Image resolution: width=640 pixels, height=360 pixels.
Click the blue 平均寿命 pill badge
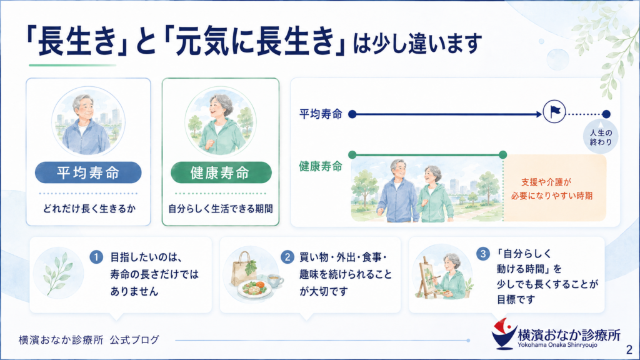pos(88,172)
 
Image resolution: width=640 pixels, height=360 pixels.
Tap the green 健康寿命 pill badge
pos(221,172)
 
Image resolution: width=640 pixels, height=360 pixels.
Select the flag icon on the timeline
pos(554,111)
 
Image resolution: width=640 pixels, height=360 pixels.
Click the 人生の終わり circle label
pos(601,137)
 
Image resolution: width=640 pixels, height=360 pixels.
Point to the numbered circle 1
pos(96,257)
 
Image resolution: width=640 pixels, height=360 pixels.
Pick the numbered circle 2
pos(287,257)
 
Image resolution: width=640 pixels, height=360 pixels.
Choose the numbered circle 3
pos(483,254)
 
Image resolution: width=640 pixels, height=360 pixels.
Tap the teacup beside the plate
pos(275,281)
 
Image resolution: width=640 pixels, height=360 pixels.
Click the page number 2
pos(629,349)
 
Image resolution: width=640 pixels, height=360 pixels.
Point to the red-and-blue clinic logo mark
pos(504,334)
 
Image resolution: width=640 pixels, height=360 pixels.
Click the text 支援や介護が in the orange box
pos(546,182)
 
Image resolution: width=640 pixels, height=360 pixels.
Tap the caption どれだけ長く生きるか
pos(89,209)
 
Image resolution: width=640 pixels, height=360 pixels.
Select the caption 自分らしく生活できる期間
pos(221,209)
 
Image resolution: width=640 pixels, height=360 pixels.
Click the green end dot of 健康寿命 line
pos(503,155)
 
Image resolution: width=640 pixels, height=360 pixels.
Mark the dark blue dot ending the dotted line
pos(606,114)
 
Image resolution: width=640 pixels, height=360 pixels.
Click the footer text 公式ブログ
pos(134,339)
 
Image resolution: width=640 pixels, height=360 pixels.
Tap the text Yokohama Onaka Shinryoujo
pos(557,345)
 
